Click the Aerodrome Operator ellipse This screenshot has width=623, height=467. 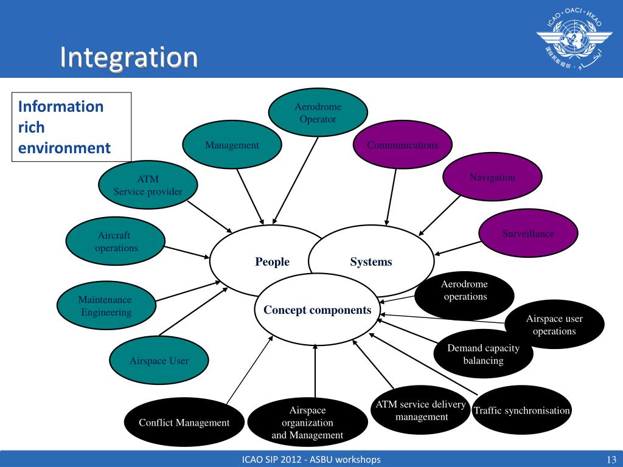click(x=318, y=112)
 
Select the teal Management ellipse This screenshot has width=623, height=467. click(x=232, y=145)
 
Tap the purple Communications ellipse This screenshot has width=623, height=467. click(x=403, y=145)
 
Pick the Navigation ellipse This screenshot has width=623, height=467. click(x=492, y=178)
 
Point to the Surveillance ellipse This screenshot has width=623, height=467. click(x=528, y=233)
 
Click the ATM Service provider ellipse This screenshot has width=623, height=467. click(x=148, y=186)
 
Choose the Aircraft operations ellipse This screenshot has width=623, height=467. click(x=116, y=241)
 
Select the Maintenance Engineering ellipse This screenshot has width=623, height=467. click(x=106, y=306)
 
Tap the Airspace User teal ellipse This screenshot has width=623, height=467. click(x=159, y=361)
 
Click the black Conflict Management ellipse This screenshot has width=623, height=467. click(x=184, y=423)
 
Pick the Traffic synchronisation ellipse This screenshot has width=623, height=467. click(x=521, y=411)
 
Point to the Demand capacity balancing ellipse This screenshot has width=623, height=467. click(x=484, y=354)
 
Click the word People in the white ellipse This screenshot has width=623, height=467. click(x=272, y=262)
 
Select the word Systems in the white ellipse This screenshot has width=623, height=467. click(x=371, y=262)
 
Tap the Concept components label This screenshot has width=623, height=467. click(x=317, y=310)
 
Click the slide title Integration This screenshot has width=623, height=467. click(x=129, y=57)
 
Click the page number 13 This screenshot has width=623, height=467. click(x=611, y=459)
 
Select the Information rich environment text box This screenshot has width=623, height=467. click(x=72, y=127)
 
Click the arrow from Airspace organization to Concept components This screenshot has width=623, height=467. click(x=315, y=371)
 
